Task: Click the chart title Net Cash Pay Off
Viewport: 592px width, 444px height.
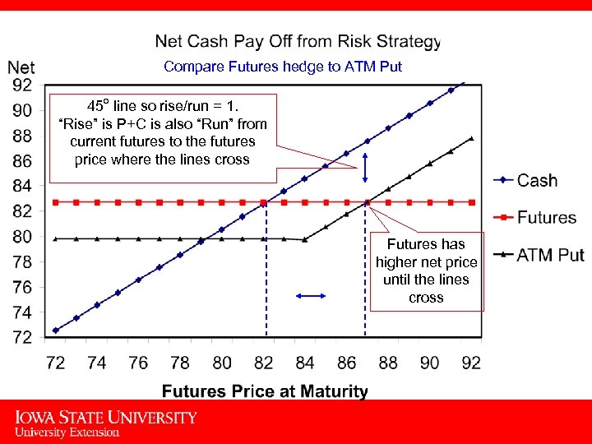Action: pyautogui.click(x=298, y=40)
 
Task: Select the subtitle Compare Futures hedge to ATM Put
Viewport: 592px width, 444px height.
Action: pyautogui.click(x=283, y=67)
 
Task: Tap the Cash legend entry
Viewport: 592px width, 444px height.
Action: pyautogui.click(x=537, y=181)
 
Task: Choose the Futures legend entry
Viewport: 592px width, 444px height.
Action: pyautogui.click(x=546, y=217)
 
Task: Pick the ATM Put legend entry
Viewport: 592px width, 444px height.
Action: pyautogui.click(x=550, y=254)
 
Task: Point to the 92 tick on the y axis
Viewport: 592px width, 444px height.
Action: pyautogui.click(x=22, y=85)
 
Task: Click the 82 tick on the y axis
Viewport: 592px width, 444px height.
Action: pyautogui.click(x=22, y=211)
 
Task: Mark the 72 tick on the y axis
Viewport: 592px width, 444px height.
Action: pyautogui.click(x=22, y=337)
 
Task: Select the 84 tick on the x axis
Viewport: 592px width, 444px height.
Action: pyautogui.click(x=305, y=363)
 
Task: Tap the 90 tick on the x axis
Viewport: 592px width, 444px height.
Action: pyautogui.click(x=430, y=363)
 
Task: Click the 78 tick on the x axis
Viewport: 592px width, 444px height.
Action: pyautogui.click(x=180, y=363)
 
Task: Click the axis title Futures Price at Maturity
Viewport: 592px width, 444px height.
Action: pyautogui.click(x=265, y=391)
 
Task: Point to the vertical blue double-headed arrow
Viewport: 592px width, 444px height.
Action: pyautogui.click(x=366, y=173)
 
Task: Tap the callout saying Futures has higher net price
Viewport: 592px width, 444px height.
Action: pyautogui.click(x=426, y=271)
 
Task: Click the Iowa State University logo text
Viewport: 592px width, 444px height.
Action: pyautogui.click(x=105, y=418)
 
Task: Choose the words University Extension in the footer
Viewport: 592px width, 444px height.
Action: pyautogui.click(x=67, y=432)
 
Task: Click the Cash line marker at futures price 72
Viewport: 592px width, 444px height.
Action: pyautogui.click(x=56, y=331)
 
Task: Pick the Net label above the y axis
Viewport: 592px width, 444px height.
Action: pyautogui.click(x=21, y=67)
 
